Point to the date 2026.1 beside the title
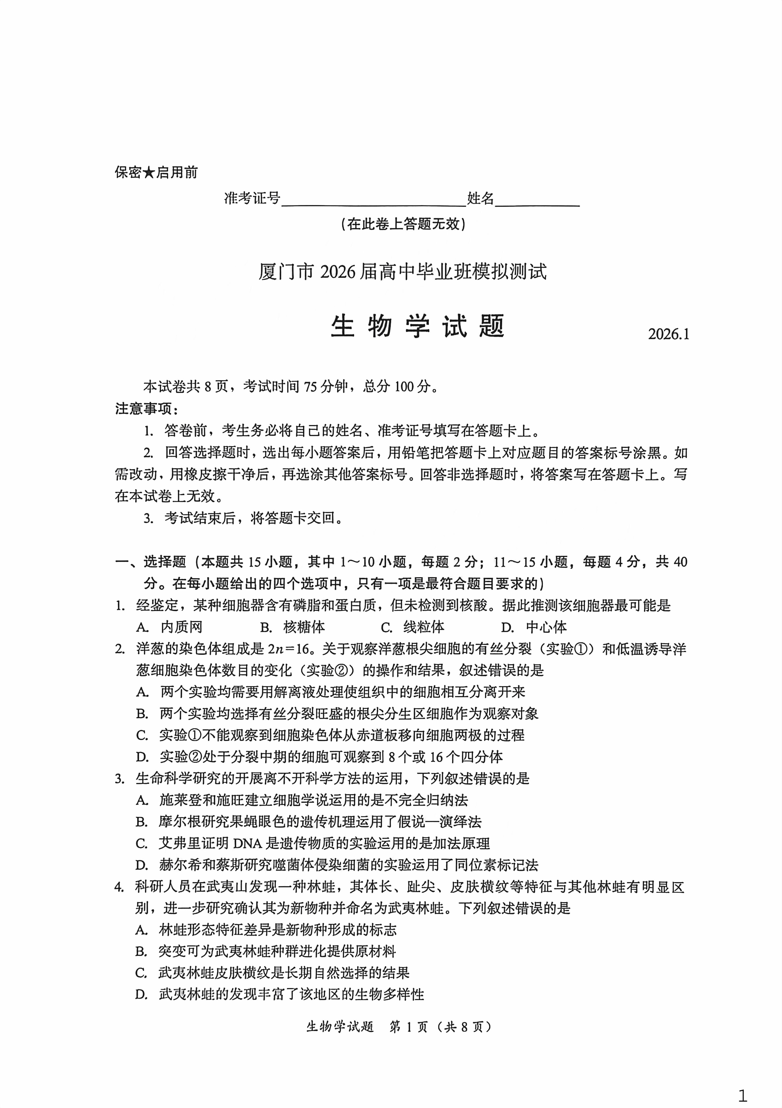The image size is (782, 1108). pos(668,334)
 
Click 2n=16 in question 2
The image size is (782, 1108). pos(288,649)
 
